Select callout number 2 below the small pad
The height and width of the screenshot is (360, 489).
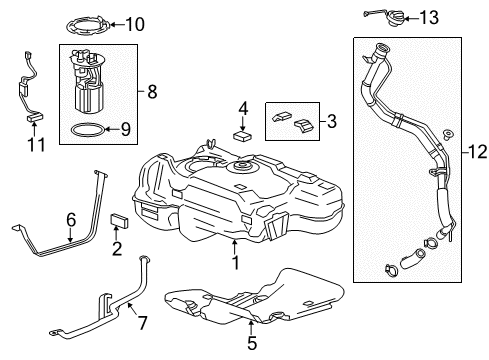coord(116,248)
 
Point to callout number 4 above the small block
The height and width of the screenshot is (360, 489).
coord(242,106)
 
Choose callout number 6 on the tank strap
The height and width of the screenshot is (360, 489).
coord(71,218)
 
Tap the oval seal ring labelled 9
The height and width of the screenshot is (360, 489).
coord(88,129)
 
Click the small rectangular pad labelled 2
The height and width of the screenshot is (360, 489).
coord(117,221)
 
